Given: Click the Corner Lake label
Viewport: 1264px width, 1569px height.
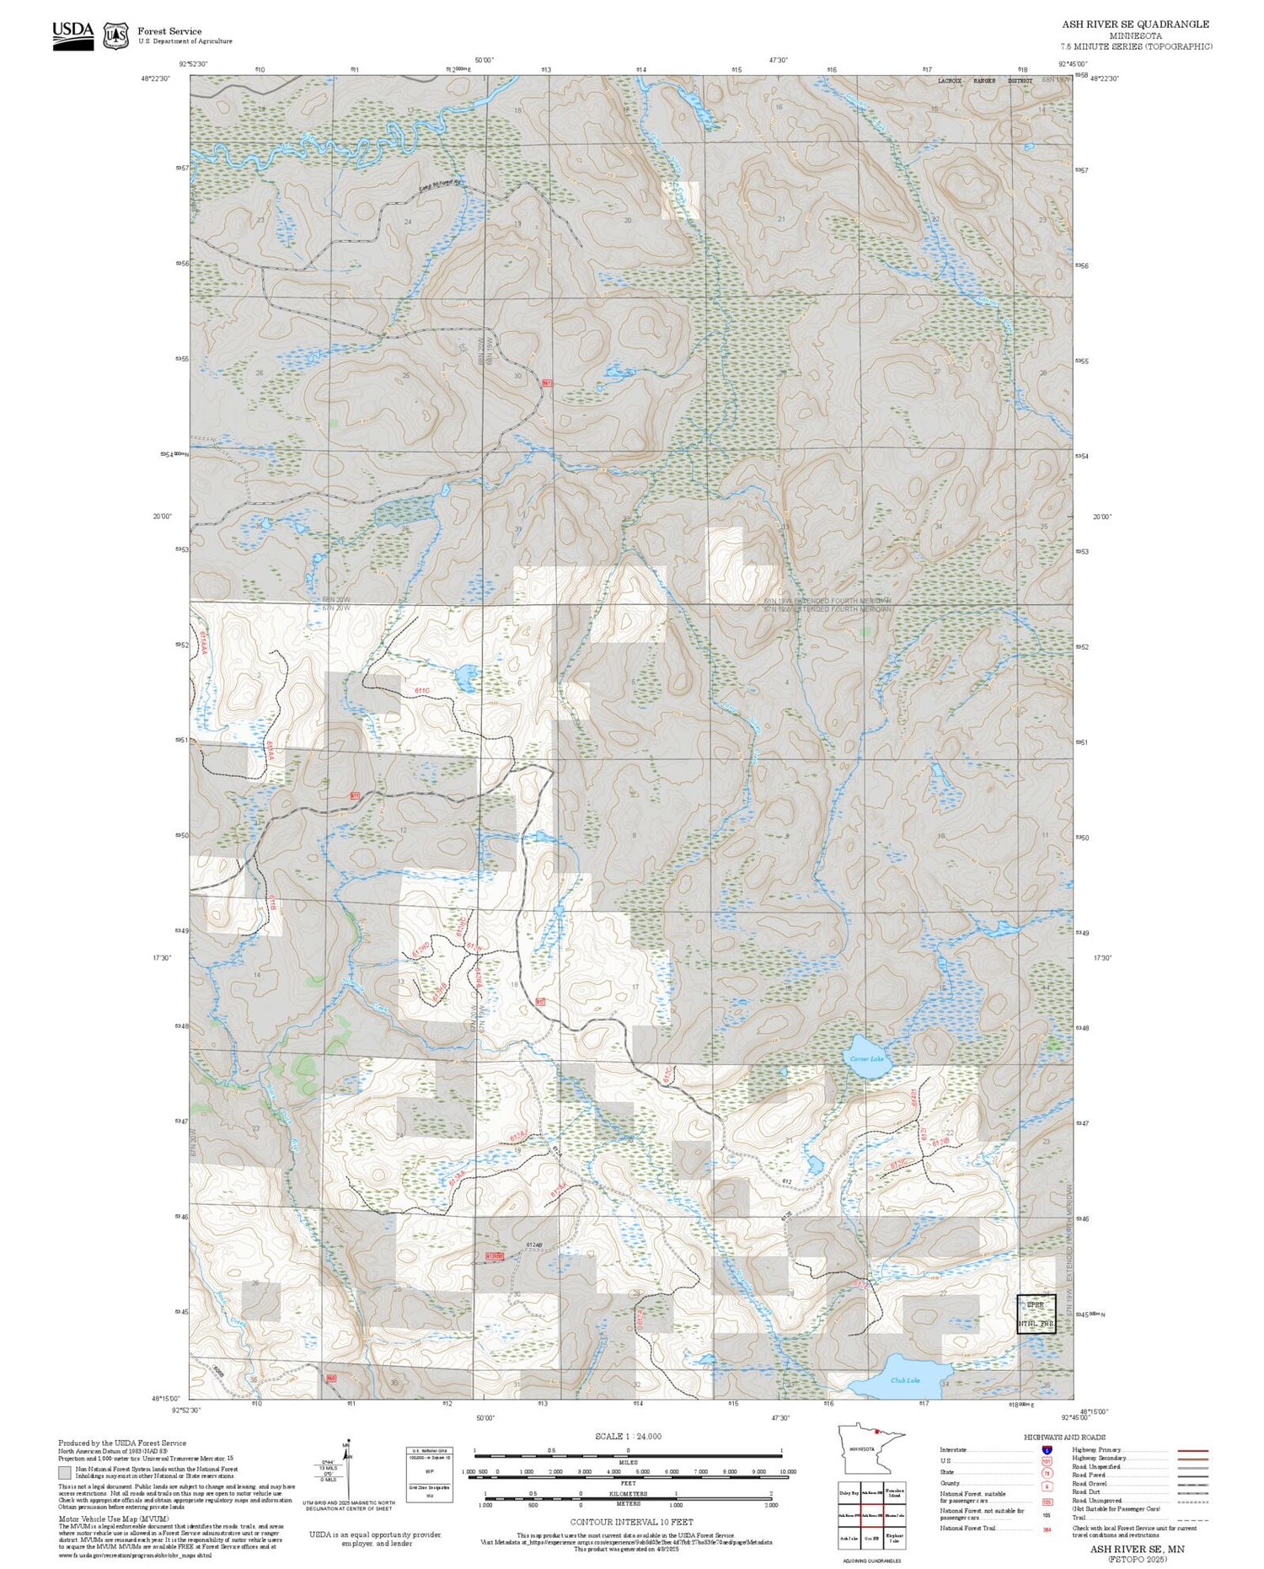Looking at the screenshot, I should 866,1058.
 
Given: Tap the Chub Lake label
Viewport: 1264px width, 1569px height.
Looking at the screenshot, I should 905,1379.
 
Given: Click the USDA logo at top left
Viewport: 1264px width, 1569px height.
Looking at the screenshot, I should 72,35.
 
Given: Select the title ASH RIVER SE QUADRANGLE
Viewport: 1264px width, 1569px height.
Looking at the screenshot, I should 1135,24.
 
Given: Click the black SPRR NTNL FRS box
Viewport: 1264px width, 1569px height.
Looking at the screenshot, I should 1036,1314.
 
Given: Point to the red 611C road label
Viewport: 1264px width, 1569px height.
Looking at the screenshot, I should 422,690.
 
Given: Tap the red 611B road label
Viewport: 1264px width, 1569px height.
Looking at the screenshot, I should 272,903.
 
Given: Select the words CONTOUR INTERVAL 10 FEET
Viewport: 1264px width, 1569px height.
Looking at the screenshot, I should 631,1522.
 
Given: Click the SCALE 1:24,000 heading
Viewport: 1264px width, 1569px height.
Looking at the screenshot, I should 628,1436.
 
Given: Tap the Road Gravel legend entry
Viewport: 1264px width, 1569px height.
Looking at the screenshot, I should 1088,1483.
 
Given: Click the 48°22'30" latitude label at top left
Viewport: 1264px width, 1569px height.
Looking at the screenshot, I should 155,78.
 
